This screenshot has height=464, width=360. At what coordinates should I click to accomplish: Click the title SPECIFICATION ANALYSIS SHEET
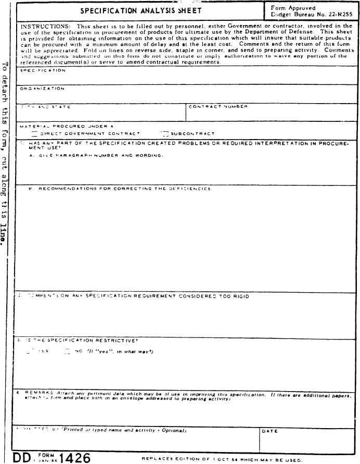pos(141,11)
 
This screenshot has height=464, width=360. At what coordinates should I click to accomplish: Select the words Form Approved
pos(293,8)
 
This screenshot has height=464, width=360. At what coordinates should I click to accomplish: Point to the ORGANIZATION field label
pos(42,89)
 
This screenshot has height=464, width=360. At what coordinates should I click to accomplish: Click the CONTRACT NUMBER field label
pos(218,107)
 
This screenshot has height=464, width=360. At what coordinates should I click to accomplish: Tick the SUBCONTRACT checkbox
pos(165,133)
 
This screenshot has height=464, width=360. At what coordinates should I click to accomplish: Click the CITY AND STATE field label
pos(46,107)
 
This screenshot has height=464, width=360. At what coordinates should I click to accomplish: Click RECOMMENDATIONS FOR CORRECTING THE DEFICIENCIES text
pos(124,189)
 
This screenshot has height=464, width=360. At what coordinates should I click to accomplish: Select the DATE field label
pos(269,431)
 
